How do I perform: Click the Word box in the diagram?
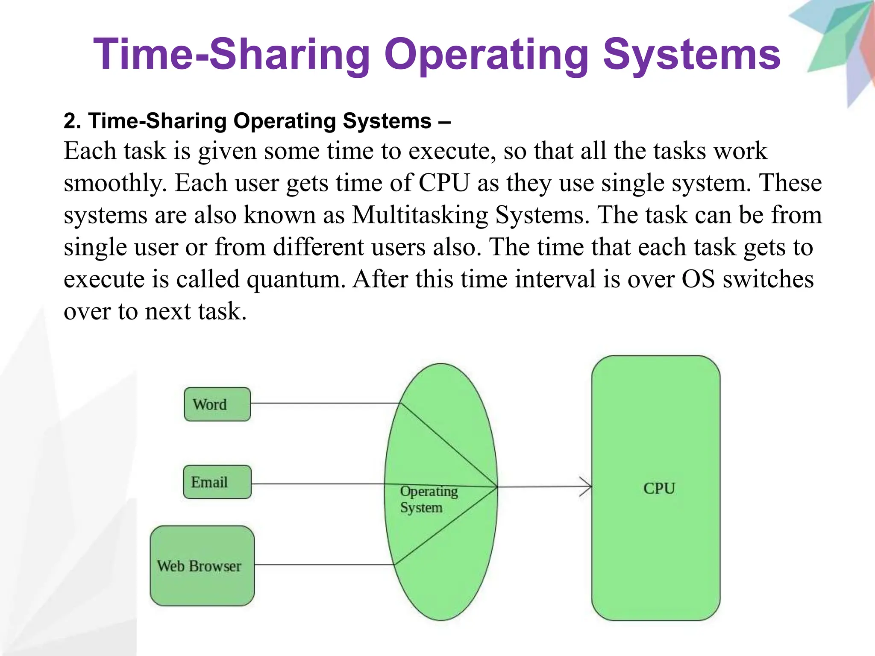point(217,404)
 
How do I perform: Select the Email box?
point(217,482)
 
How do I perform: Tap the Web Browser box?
point(202,565)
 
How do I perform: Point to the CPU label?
point(659,488)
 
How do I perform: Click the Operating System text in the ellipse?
point(428,499)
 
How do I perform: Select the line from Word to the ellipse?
point(325,403)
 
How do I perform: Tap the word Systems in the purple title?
point(691,55)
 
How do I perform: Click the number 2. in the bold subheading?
point(72,121)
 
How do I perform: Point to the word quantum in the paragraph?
point(296,279)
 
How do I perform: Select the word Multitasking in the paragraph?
point(420,215)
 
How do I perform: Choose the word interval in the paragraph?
point(555,279)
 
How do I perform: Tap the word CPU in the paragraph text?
point(444,183)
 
